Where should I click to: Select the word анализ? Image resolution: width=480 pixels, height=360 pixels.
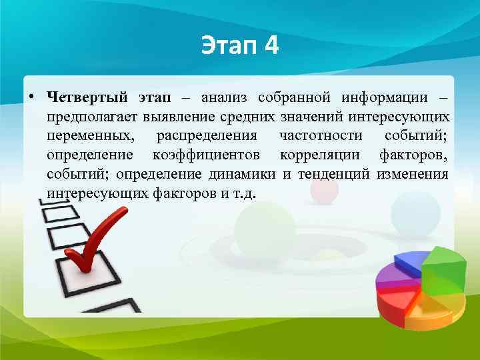pyautogui.click(x=224, y=98)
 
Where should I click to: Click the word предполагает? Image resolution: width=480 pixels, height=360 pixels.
pyautogui.click(x=92, y=117)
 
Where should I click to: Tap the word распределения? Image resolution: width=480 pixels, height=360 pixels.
pyautogui.click(x=206, y=136)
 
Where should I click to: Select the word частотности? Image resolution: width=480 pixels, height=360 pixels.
pyautogui.click(x=321, y=136)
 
